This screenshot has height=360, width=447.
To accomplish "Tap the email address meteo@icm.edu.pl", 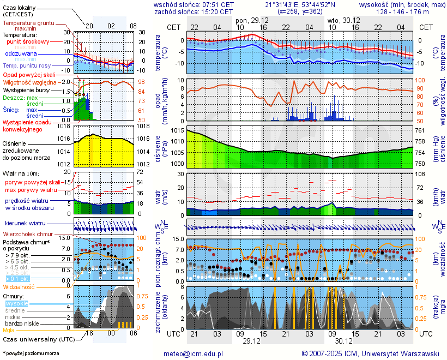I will click(x=194, y=353).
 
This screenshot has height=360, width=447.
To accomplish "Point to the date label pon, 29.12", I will click(x=252, y=20).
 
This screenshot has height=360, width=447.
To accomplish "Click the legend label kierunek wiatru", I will click(x=25, y=224).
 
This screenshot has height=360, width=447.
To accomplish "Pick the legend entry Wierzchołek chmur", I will click(x=28, y=233).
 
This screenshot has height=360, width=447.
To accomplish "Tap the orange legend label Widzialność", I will click(x=19, y=286).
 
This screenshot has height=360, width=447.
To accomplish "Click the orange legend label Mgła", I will click(x=9, y=330).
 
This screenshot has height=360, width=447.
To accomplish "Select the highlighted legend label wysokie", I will click(x=16, y=303).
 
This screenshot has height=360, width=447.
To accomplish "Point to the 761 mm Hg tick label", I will click(x=420, y=131).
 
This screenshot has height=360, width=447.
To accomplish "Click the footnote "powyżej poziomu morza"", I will click(x=32, y=353).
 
